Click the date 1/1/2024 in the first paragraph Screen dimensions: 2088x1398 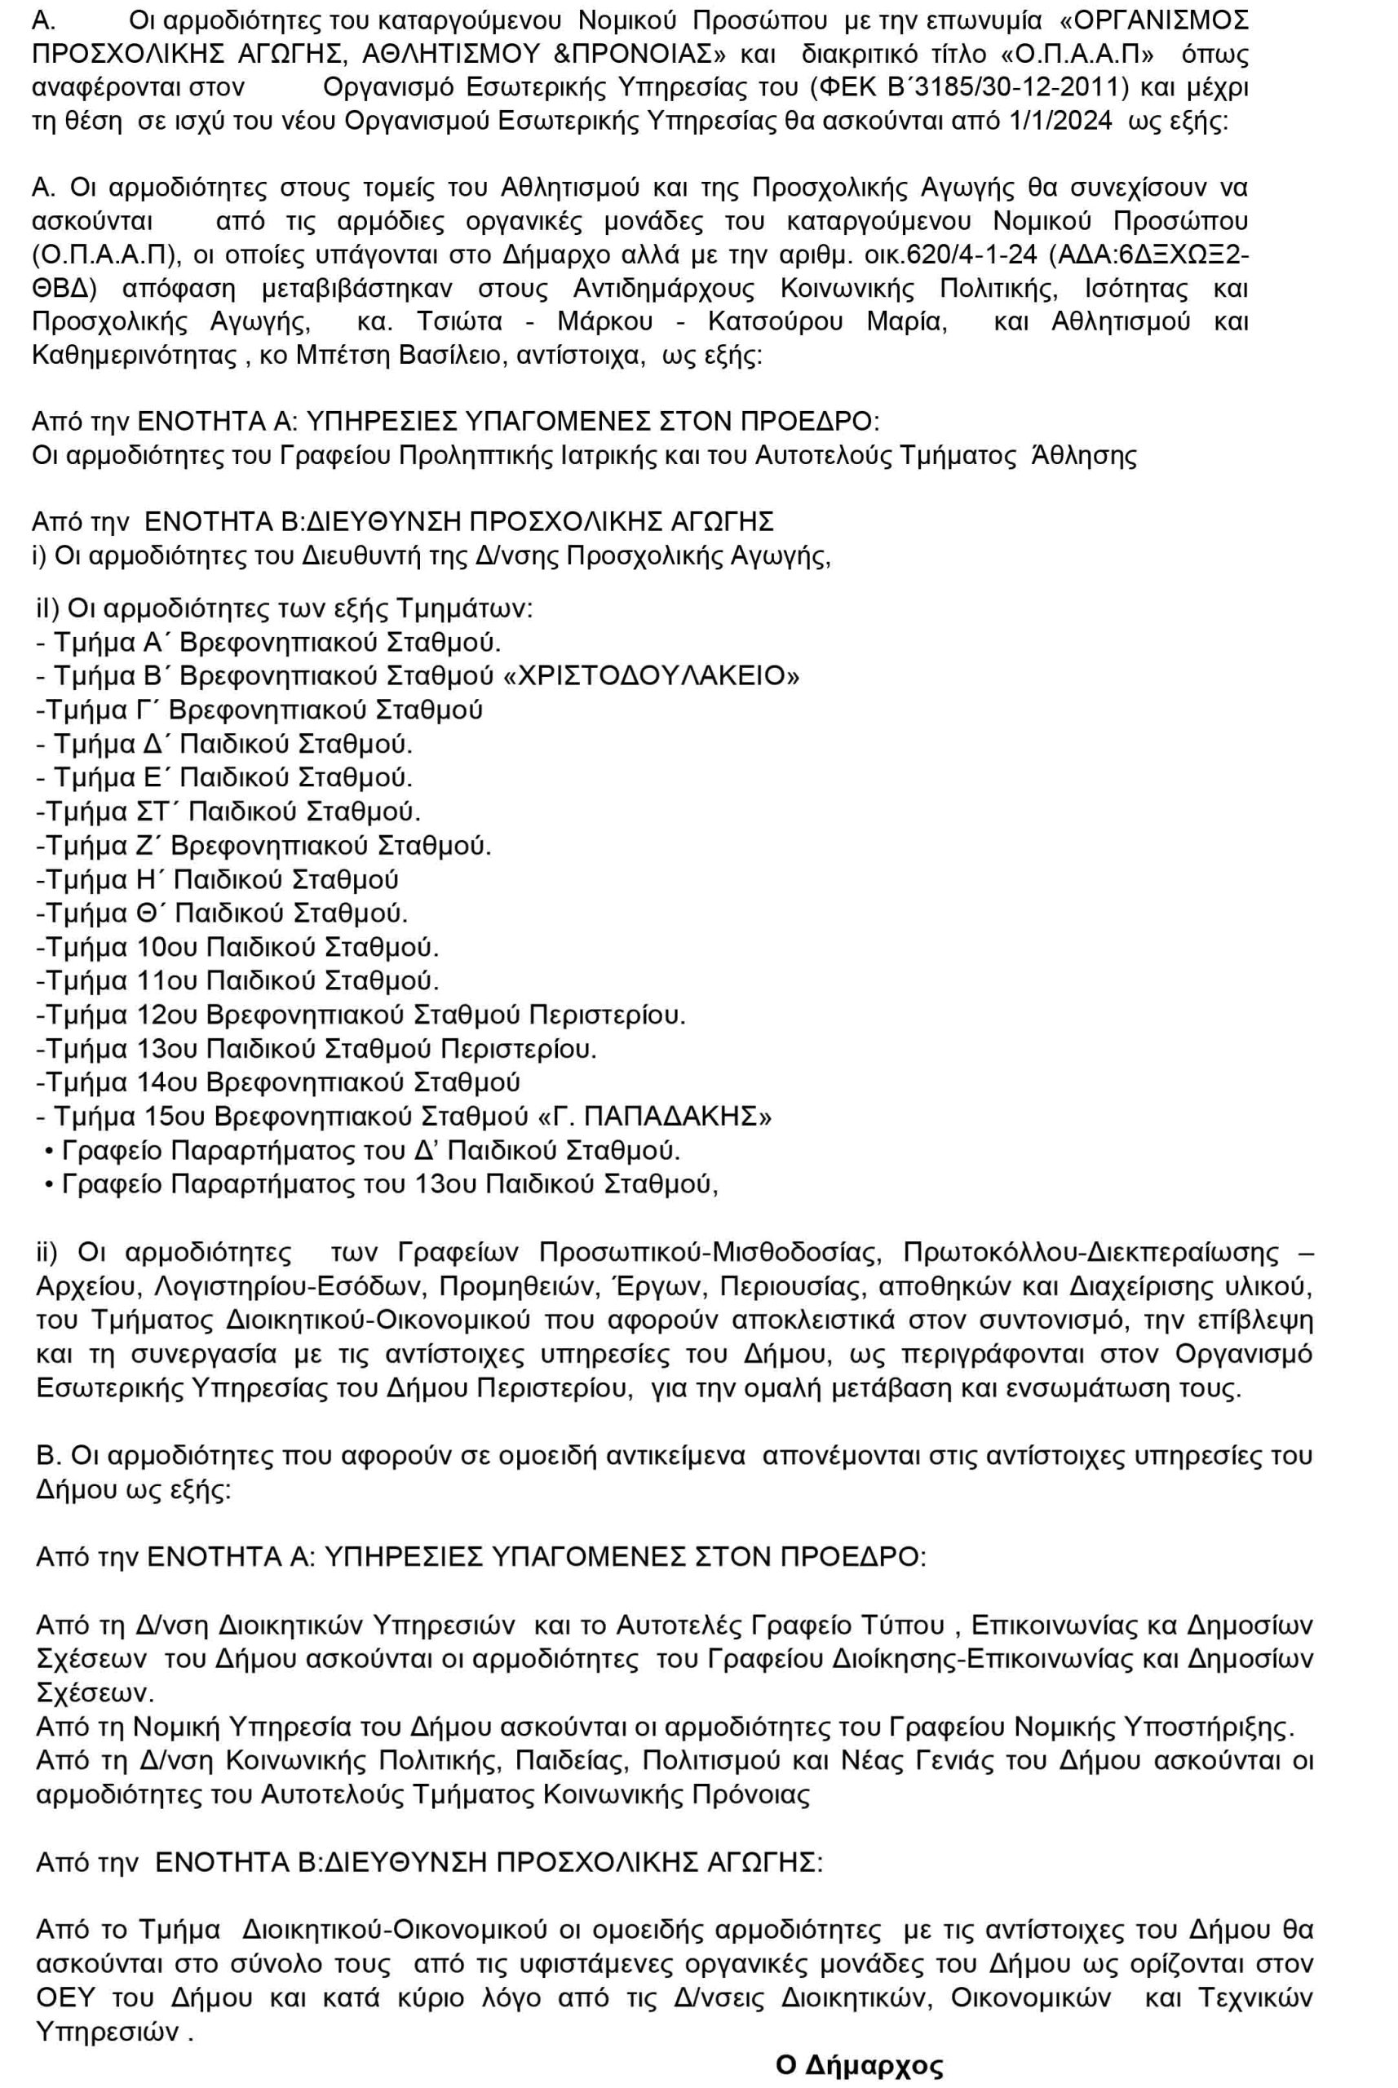pyautogui.click(x=1061, y=122)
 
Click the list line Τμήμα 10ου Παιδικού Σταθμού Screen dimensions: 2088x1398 pyautogui.click(x=237, y=947)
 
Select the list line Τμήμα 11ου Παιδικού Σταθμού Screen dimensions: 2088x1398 pyautogui.click(x=237, y=980)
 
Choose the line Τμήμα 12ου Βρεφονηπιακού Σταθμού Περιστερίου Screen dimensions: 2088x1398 pyautogui.click(x=361, y=1015)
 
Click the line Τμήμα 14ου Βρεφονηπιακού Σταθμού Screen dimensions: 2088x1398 pyautogui.click(x=277, y=1082)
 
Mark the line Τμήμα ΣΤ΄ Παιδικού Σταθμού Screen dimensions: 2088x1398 pyautogui.click(x=228, y=812)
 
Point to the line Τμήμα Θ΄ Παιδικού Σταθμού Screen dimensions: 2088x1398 pyautogui.click(x=221, y=913)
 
